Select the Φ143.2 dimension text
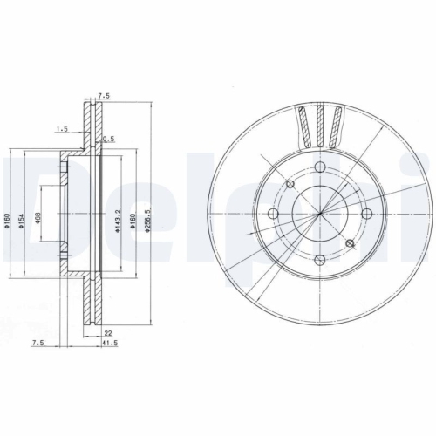pyautogui.click(x=118, y=224)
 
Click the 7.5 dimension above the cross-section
pyautogui.click(x=105, y=98)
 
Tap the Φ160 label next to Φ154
pyautogui.click(x=7, y=224)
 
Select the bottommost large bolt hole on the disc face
pyautogui.click(x=319, y=259)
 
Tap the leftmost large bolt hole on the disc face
pyautogui.click(x=273, y=214)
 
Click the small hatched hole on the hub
pyautogui.click(x=351, y=243)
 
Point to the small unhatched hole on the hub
pyautogui.click(x=290, y=183)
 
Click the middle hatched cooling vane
pyautogui.click(x=319, y=126)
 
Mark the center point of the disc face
pyautogui.click(x=319, y=213)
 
